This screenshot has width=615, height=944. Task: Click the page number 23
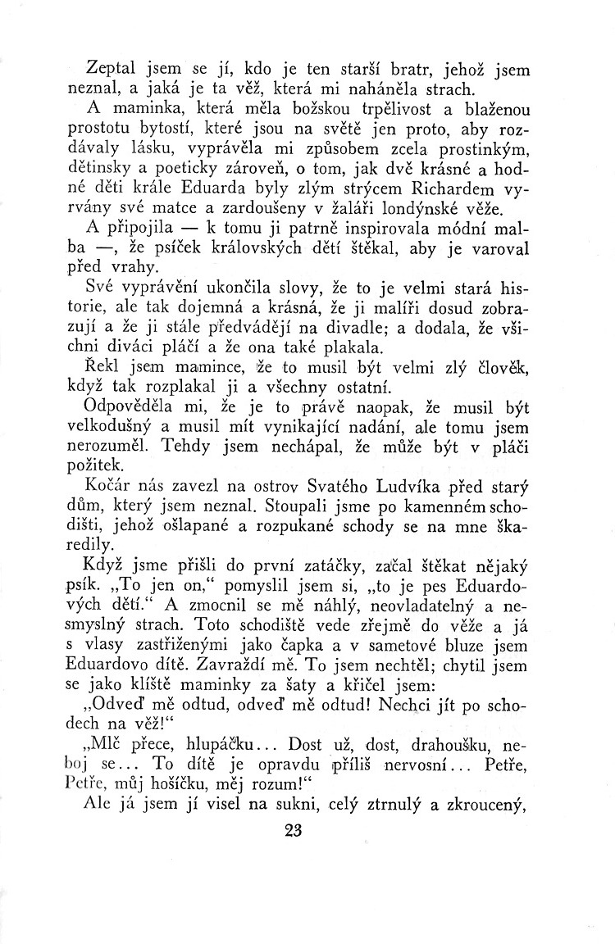coord(293,831)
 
